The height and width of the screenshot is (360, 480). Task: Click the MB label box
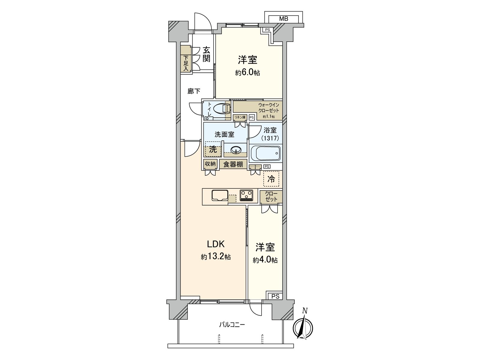click(283, 19)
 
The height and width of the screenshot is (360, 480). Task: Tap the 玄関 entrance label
click(206, 54)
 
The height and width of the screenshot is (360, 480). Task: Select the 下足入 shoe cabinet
click(186, 63)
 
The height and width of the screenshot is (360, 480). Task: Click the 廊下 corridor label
click(194, 91)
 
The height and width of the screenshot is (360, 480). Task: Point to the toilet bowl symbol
click(222, 109)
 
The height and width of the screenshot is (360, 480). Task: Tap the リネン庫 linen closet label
click(240, 117)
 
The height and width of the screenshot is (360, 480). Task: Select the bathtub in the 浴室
click(265, 153)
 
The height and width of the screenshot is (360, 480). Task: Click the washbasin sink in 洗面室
click(236, 150)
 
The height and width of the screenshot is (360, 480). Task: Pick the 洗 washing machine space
click(213, 149)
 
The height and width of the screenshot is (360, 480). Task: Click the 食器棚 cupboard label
click(233, 164)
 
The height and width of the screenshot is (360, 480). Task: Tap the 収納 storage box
click(210, 164)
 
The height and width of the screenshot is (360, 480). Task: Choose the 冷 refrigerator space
click(271, 179)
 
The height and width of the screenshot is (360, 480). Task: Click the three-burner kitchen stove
click(246, 195)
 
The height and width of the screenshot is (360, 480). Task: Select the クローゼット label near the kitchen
click(271, 196)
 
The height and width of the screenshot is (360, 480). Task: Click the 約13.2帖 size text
click(216, 257)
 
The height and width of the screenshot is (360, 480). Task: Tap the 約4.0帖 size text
click(265, 260)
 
